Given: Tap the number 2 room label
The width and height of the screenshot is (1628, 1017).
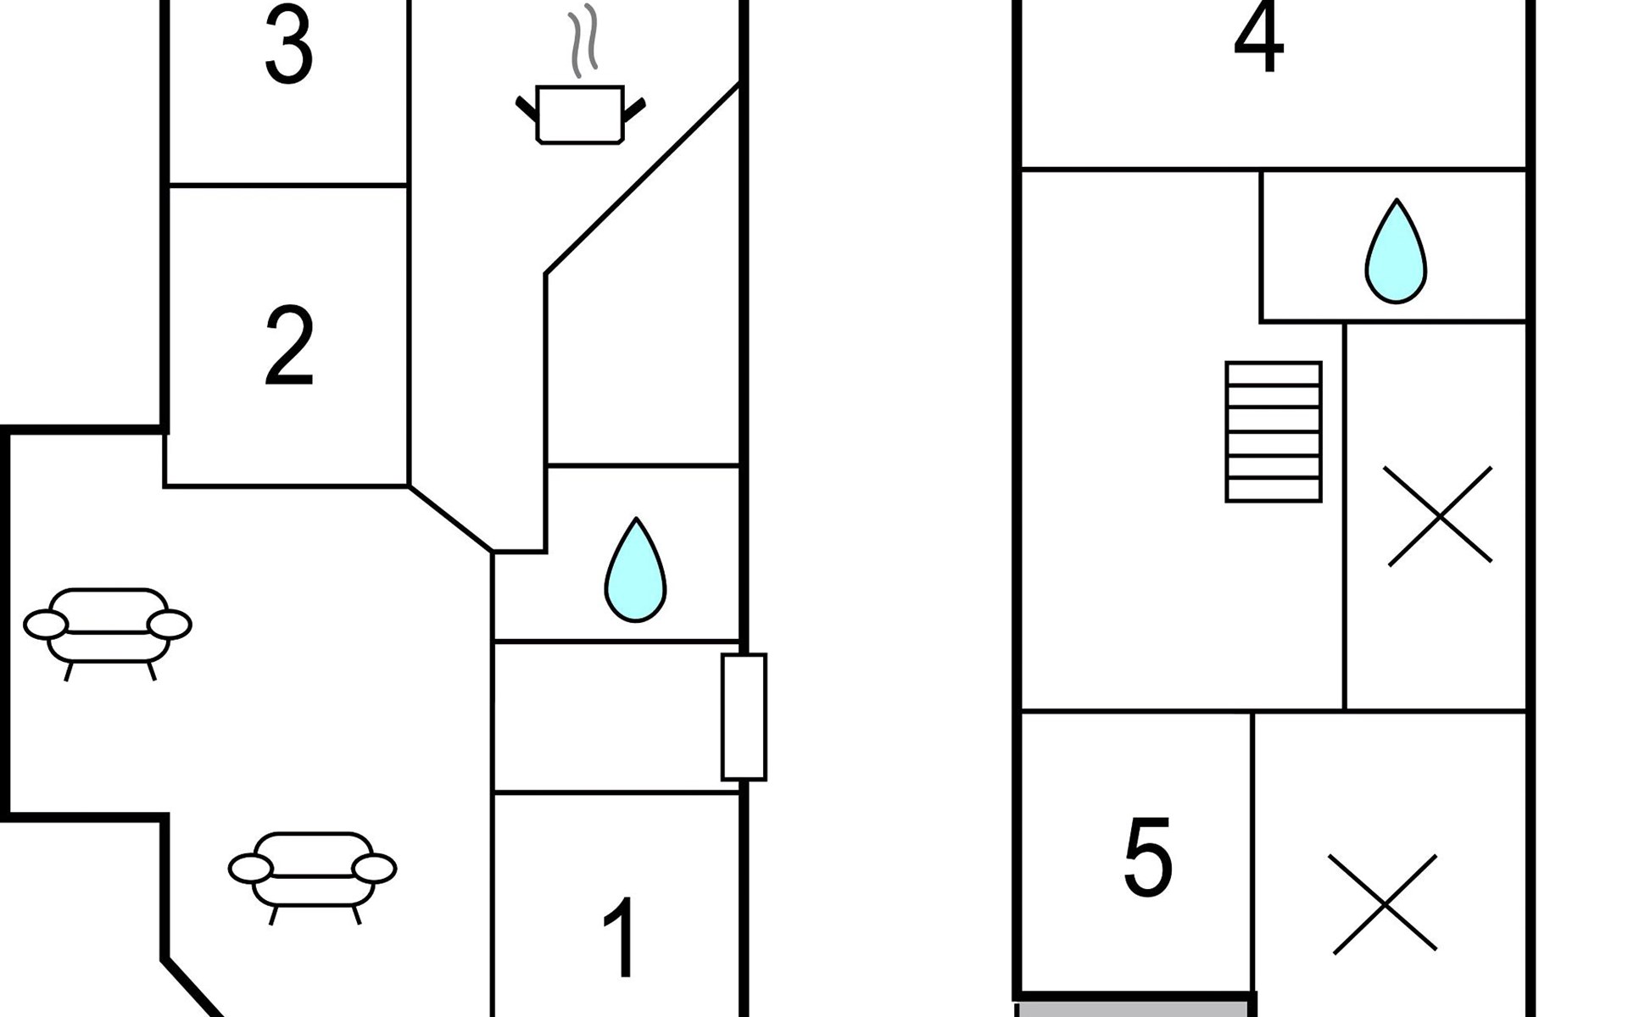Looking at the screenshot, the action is coord(289,347).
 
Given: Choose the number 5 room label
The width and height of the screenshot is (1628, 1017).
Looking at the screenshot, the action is coord(1148,857).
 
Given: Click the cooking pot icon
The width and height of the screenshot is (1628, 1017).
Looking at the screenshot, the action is coord(581,114).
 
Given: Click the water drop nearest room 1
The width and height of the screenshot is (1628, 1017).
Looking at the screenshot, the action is coord(635,572).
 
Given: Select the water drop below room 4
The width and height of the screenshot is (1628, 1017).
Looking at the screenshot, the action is coord(1396,253).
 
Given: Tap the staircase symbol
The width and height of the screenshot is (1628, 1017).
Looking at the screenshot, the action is coord(1274,432).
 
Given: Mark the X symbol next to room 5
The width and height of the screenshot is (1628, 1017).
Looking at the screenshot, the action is coord(1384,903).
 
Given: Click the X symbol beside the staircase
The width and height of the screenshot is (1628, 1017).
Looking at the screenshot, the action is coord(1439,515).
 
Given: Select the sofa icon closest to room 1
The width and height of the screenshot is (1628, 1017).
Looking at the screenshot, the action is coord(312,876).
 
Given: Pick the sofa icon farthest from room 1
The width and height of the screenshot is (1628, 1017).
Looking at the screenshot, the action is coord(108,633).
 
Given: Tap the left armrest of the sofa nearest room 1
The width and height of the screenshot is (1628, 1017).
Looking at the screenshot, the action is coord(251,869).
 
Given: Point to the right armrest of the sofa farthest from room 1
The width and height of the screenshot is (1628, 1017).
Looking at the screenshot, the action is coord(170,625).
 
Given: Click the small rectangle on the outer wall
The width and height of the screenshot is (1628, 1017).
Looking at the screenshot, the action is coord(744,717).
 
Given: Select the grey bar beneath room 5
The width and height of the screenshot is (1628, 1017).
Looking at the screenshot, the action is coord(1135,1009).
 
